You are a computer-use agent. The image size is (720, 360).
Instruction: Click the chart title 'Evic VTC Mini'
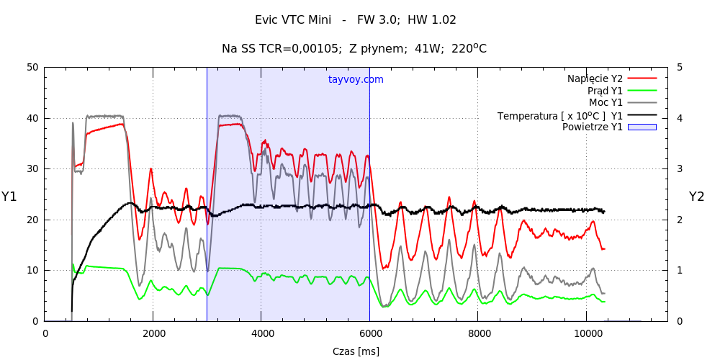pyautogui.click(x=293, y=20)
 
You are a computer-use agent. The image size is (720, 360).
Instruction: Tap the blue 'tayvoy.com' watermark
pyautogui.click(x=356, y=79)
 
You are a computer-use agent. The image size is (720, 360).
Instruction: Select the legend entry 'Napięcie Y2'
pyautogui.click(x=595, y=78)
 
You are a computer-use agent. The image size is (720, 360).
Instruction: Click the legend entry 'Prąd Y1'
pyautogui.click(x=605, y=91)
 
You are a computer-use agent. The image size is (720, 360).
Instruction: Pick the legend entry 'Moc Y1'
pyautogui.click(x=606, y=102)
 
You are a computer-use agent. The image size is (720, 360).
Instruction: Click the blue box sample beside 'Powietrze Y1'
pyautogui.click(x=642, y=127)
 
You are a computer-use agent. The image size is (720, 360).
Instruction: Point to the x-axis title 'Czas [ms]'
pyautogui.click(x=356, y=351)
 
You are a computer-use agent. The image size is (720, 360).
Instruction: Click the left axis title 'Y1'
pyautogui.click(x=9, y=197)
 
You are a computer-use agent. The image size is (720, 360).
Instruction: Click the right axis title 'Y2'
pyautogui.click(x=696, y=197)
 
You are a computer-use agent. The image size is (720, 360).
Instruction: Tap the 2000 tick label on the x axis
pyautogui.click(x=153, y=333)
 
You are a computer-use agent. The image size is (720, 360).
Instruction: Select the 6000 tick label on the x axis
pyautogui.click(x=369, y=333)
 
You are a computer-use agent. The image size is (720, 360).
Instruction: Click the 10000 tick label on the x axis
pyautogui.click(x=586, y=333)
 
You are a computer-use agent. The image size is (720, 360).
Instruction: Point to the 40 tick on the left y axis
pyautogui.click(x=32, y=118)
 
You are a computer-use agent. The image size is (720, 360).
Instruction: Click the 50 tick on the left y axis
pyautogui.click(x=32, y=68)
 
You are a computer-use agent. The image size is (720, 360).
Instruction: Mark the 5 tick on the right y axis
pyautogui.click(x=680, y=68)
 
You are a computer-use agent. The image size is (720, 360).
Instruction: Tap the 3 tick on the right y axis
pyautogui.click(x=680, y=169)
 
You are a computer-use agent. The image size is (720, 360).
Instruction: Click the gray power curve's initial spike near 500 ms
pyautogui.click(x=73, y=123)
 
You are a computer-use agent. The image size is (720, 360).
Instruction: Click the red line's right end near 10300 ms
pyautogui.click(x=603, y=248)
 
